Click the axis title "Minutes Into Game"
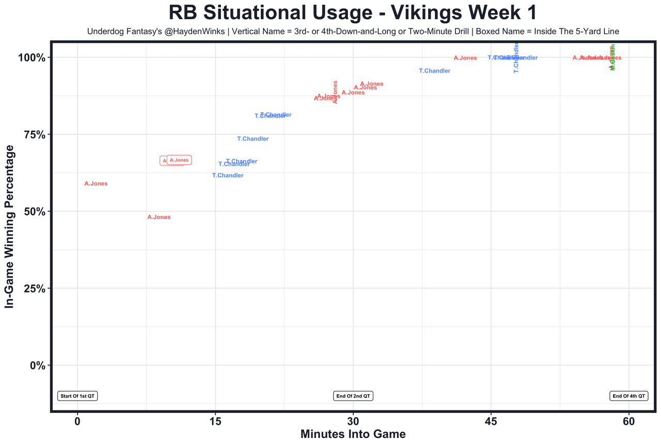click(353, 434)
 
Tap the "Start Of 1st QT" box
click(77, 396)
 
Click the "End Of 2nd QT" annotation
click(353, 396)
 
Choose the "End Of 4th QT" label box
click(628, 396)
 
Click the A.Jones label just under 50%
click(159, 218)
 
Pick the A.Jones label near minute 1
click(96, 184)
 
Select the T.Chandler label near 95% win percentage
click(434, 71)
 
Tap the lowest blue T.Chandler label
click(228, 176)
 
